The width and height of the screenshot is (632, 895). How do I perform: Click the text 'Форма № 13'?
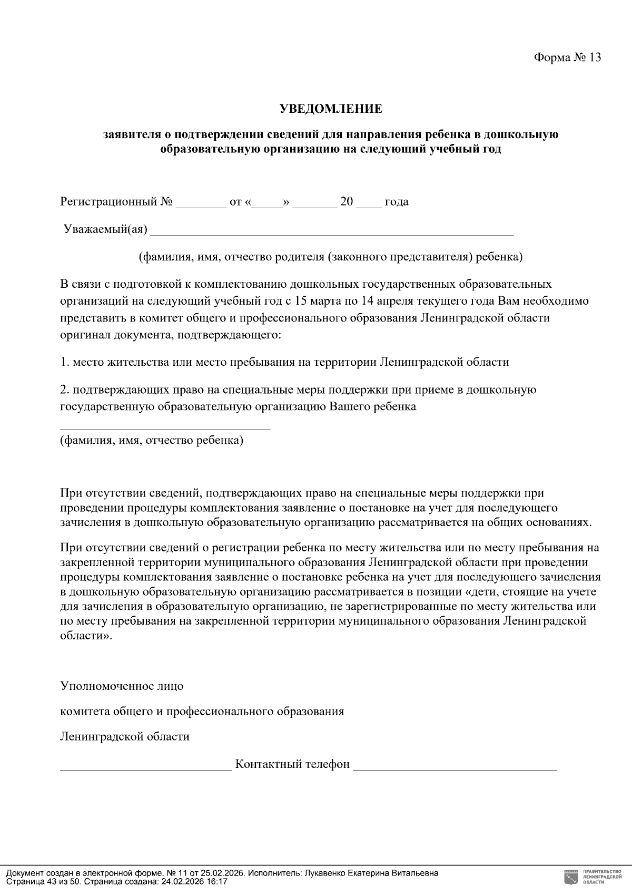pyautogui.click(x=567, y=57)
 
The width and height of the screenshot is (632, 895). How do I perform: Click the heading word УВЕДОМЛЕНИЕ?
pyautogui.click(x=330, y=109)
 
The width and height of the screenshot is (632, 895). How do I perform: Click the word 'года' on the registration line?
pyautogui.click(x=397, y=202)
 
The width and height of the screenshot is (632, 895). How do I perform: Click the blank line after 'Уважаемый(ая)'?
pyautogui.click(x=332, y=234)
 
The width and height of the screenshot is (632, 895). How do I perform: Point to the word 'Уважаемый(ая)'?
pyautogui.click(x=105, y=230)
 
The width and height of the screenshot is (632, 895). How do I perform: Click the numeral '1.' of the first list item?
pyautogui.click(x=65, y=363)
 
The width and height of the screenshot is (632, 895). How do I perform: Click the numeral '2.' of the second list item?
pyautogui.click(x=65, y=390)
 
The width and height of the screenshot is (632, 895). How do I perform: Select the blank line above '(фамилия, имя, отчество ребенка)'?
pyautogui.click(x=165, y=428)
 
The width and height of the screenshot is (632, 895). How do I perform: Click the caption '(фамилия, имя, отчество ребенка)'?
pyautogui.click(x=152, y=440)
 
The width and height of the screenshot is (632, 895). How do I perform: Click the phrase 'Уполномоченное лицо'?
pyautogui.click(x=122, y=686)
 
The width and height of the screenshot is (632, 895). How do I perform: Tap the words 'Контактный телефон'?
pyautogui.click(x=292, y=764)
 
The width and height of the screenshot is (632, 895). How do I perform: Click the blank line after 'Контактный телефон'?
pyautogui.click(x=455, y=768)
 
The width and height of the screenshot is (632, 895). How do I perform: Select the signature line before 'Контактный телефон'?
pyautogui.click(x=146, y=768)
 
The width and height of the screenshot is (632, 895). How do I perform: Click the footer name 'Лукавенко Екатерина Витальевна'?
pyautogui.click(x=371, y=873)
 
